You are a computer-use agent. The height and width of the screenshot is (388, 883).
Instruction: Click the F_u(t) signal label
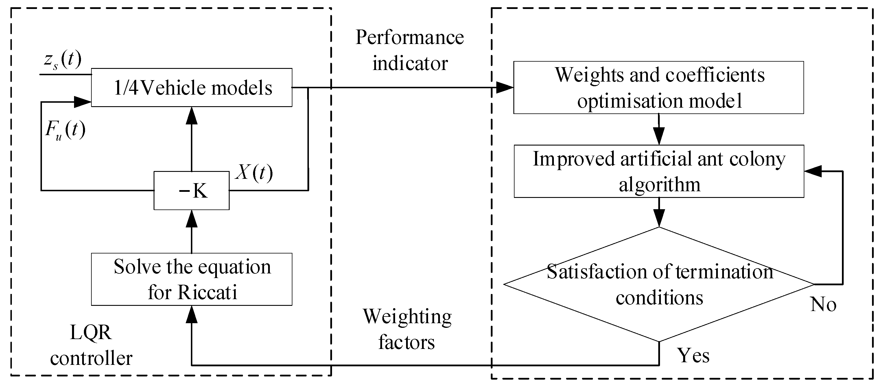[x=65, y=130]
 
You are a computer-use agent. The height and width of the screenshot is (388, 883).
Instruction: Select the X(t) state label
[x=254, y=172]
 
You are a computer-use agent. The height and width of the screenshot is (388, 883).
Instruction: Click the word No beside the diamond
[x=823, y=304]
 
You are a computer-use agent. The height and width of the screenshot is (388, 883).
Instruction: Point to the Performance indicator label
[x=410, y=50]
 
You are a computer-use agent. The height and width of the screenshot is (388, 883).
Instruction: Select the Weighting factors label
[x=407, y=329]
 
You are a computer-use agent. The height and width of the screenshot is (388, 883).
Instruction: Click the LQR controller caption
[x=91, y=345]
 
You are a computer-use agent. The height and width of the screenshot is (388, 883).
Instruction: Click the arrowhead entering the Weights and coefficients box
[x=505, y=87]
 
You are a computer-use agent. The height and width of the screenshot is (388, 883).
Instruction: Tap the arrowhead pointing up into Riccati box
[x=192, y=314]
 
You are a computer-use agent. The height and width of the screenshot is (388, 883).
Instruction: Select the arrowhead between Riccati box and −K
[x=192, y=218]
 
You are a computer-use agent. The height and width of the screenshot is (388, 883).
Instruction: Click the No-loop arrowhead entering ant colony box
[x=813, y=171]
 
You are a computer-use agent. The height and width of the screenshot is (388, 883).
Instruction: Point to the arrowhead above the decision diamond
[x=659, y=218]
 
